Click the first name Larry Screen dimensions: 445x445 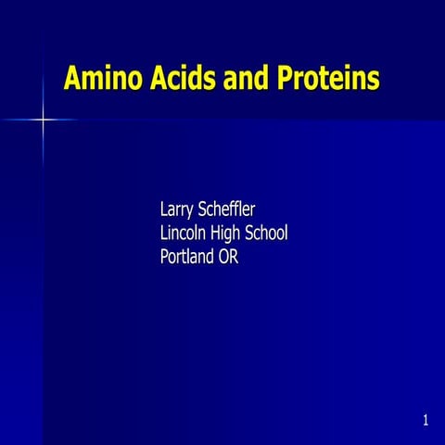pyautogui.click(x=181, y=209)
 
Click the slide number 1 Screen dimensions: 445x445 pyautogui.click(x=425, y=422)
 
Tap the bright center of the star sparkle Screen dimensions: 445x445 pyautogui.click(x=43, y=120)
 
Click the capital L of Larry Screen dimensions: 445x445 pyautogui.click(x=165, y=209)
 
